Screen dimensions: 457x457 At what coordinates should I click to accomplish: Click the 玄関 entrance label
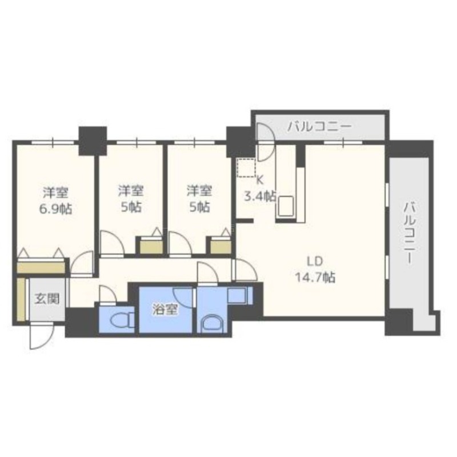(47, 299)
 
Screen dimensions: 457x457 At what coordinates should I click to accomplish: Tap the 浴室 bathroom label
(165, 310)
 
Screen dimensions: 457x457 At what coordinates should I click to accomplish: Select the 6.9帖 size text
(55, 209)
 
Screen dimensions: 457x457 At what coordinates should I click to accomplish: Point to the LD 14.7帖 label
(315, 269)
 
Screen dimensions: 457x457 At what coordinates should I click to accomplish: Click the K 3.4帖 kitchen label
(260, 189)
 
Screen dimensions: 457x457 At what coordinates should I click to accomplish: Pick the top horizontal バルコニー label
(319, 127)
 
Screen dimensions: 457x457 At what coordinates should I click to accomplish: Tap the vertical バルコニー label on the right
(409, 233)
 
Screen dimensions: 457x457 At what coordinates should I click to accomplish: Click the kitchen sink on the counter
(286, 206)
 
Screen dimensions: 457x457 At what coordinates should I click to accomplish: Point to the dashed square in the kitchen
(246, 167)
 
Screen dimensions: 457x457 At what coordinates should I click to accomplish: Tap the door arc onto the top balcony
(266, 142)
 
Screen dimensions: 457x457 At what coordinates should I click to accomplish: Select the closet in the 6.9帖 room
(41, 265)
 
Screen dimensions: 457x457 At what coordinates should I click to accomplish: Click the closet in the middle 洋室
(151, 246)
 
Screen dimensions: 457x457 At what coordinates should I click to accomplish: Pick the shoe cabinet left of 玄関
(21, 299)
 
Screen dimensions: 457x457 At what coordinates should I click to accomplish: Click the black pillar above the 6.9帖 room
(93, 141)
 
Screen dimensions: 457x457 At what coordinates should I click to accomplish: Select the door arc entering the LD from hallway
(246, 270)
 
